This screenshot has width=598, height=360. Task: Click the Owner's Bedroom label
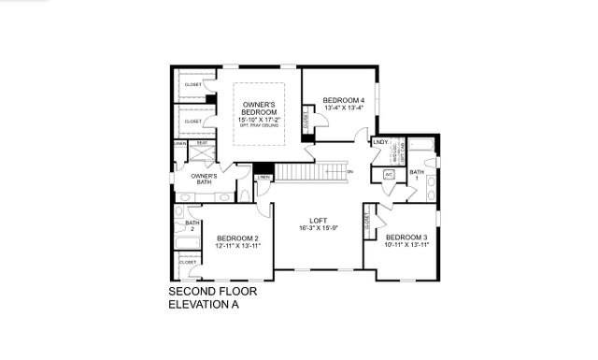pos(259,108)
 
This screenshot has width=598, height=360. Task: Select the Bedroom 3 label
pos(406,237)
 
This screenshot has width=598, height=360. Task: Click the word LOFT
pos(318,221)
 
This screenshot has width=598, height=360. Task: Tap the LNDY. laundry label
pos(380,143)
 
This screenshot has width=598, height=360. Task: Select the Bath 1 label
pos(417,175)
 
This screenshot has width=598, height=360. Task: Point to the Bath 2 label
pos(192,225)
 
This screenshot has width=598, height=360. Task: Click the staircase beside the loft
pos(313,172)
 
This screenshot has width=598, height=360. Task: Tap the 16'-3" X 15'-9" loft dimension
pos(318,229)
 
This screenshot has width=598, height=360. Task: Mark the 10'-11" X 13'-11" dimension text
pos(406,245)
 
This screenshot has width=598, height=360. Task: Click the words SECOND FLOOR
pos(212,292)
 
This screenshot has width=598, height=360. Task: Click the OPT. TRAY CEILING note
pos(259,126)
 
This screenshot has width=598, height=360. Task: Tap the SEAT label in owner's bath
pos(201,143)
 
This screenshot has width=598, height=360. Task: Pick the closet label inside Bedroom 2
pos(189,262)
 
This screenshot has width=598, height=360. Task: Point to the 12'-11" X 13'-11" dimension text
pos(236,245)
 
